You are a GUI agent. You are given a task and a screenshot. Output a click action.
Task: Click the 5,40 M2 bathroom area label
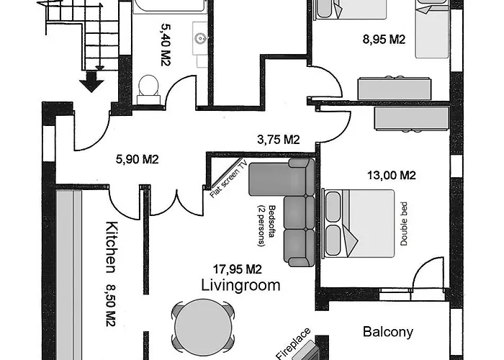pyautogui.click(x=165, y=45)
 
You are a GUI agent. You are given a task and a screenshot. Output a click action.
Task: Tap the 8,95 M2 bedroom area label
pyautogui.click(x=384, y=39)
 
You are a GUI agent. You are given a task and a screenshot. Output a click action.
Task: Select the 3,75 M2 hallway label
pyautogui.click(x=279, y=139)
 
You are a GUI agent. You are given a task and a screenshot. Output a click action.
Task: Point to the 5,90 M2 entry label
pyautogui.click(x=138, y=159)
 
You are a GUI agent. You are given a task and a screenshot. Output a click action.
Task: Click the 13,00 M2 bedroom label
pyautogui.click(x=392, y=175)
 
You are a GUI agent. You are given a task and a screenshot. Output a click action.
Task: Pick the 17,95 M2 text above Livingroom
pyautogui.click(x=238, y=269)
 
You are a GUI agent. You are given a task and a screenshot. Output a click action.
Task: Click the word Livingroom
pyautogui.click(x=240, y=285)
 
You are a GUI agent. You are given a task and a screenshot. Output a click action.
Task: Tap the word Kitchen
pyautogui.click(x=111, y=246)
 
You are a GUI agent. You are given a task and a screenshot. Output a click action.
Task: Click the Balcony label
pyautogui.click(x=388, y=332)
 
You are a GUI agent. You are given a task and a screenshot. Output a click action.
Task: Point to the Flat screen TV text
pyautogui.click(x=228, y=179)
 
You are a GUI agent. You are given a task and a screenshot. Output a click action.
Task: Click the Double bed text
pyautogui.click(x=404, y=224)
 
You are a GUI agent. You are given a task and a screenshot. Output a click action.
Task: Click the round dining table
pyautogui.click(x=203, y=327)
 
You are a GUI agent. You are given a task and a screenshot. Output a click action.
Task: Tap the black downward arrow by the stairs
pyautogui.click(x=91, y=81)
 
